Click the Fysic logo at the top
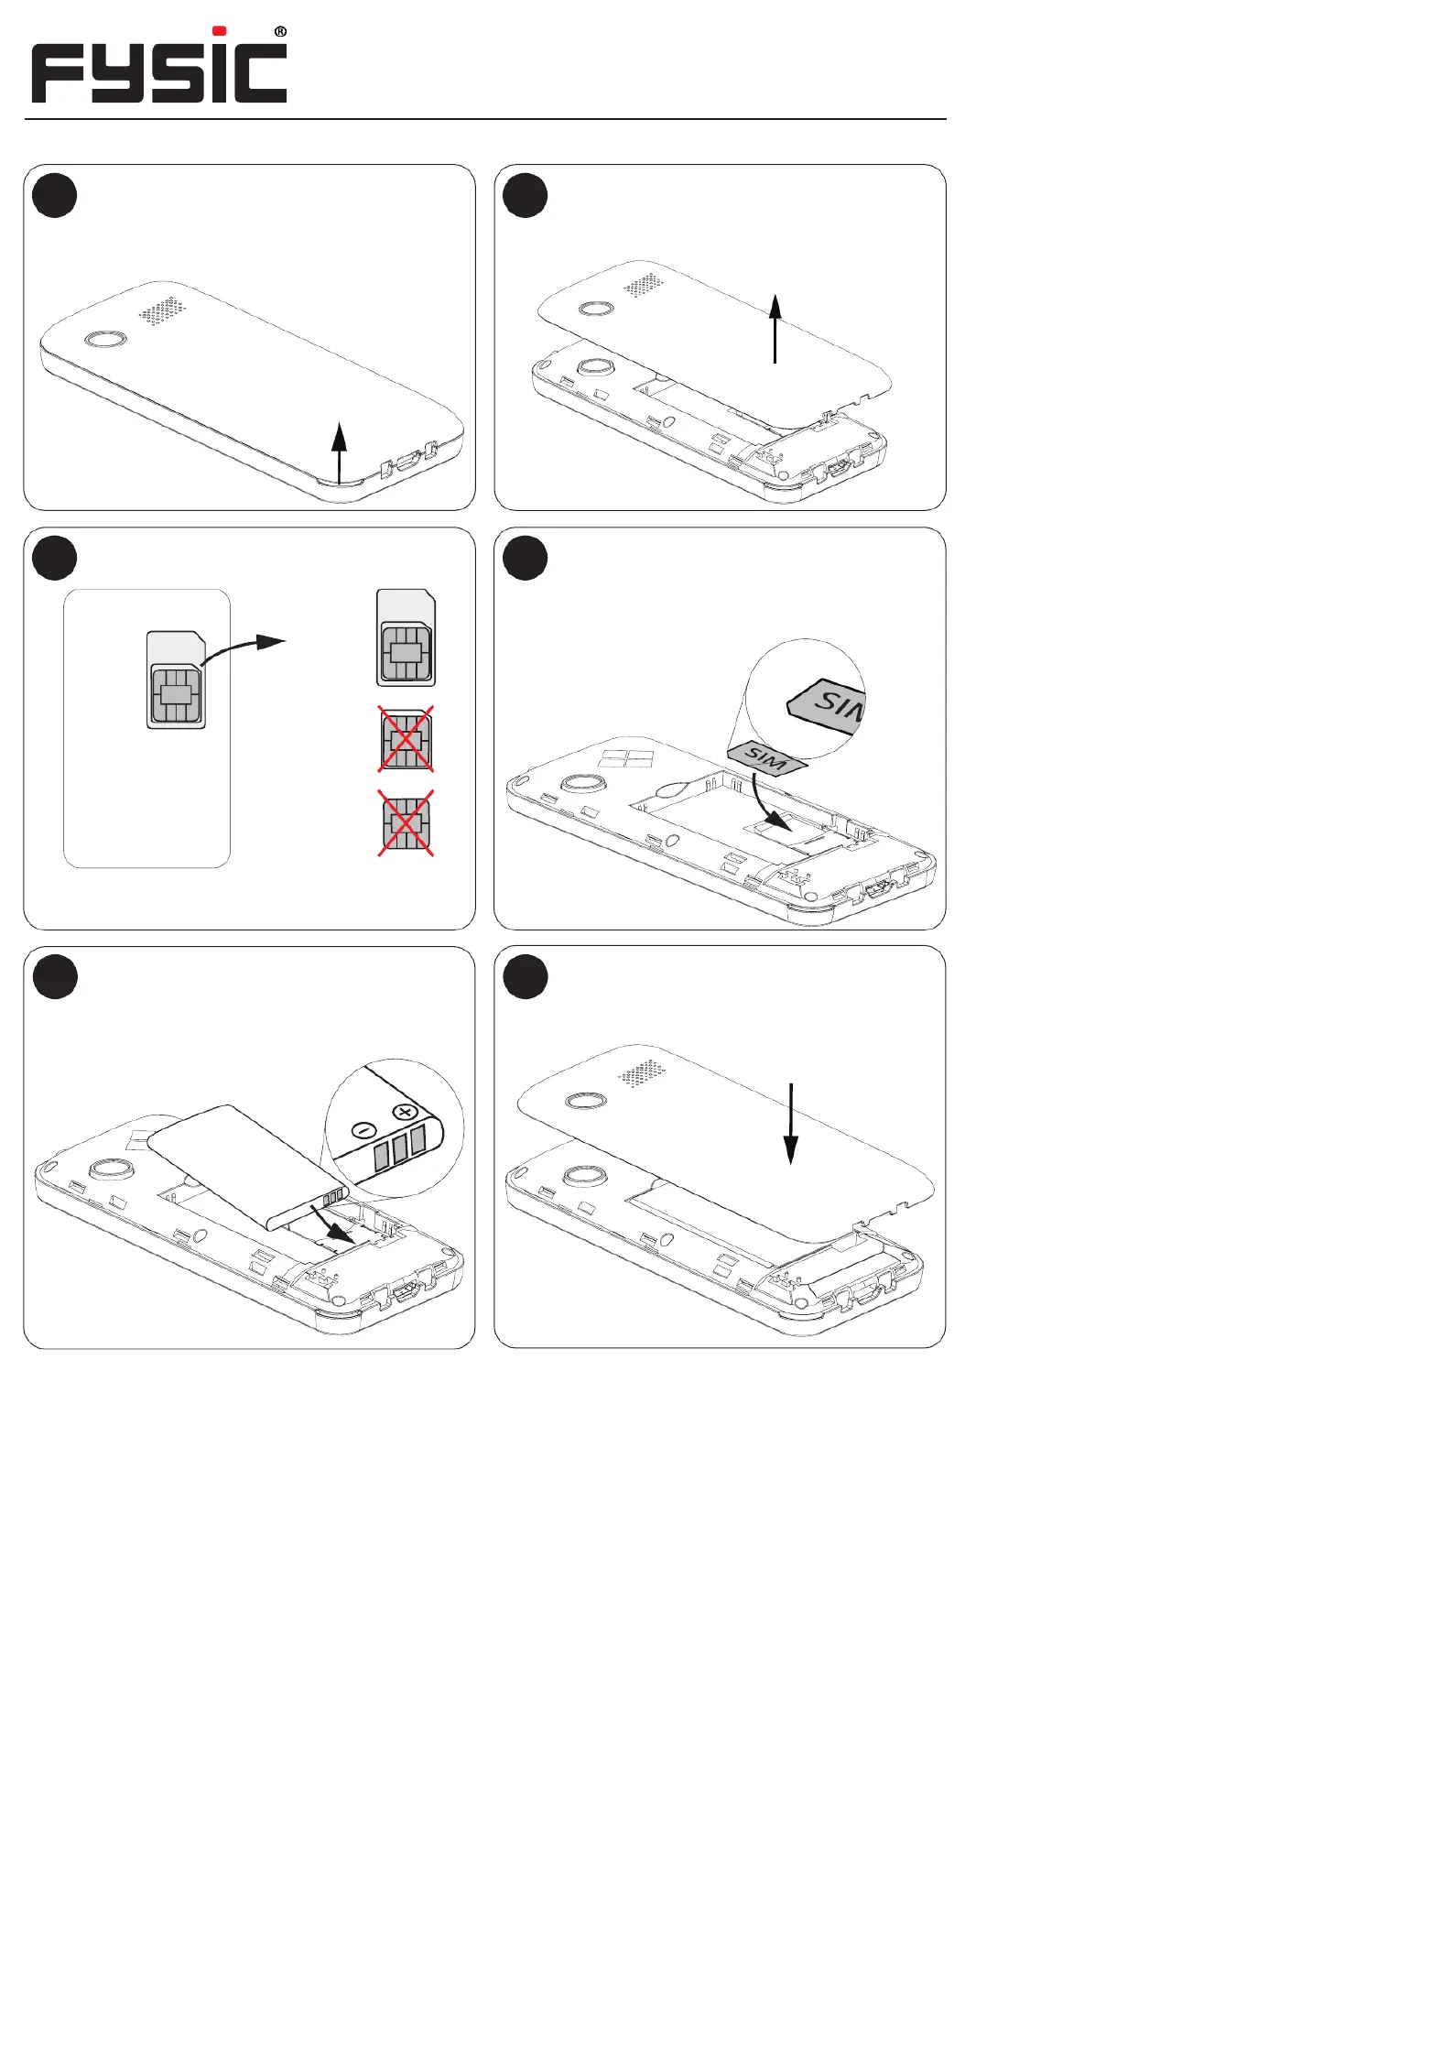point(159,66)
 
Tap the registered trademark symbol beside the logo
point(280,32)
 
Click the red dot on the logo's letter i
point(220,30)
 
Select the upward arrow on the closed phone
point(340,452)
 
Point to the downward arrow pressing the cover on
point(790,1124)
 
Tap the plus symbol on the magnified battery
point(405,1113)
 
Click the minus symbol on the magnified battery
point(363,1131)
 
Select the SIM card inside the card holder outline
point(176,680)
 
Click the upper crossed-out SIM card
point(407,738)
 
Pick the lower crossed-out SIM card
point(407,823)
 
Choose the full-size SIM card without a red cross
point(407,637)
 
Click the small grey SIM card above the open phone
point(767,758)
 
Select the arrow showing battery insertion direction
point(331,1223)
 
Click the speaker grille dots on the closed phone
point(163,310)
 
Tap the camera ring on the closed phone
point(104,340)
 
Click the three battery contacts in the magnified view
point(400,1149)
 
